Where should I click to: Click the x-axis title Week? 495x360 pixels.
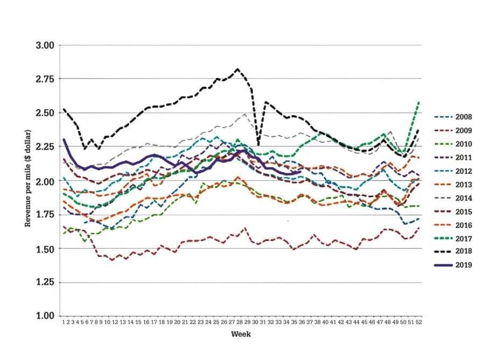pos(241,334)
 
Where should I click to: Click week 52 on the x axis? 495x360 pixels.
pos(419,321)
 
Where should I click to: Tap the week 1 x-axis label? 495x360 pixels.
pos(63,321)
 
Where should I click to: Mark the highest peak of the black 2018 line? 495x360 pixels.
pos(237,69)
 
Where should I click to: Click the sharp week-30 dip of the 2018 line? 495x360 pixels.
pos(258,145)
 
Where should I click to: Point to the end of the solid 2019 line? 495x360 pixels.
pos(300,172)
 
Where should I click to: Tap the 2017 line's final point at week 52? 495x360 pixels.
pos(419,102)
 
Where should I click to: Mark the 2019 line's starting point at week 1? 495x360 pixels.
pos(63,139)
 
